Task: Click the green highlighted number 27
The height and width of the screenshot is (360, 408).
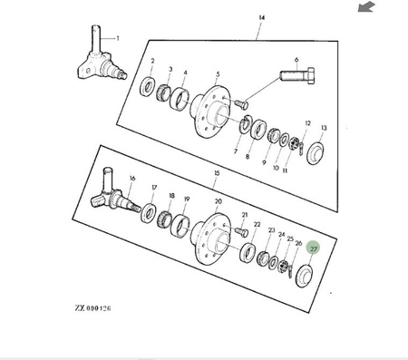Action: click(x=314, y=248)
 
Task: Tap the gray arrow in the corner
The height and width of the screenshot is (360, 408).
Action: click(x=366, y=6)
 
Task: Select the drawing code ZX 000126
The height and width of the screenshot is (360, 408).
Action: click(x=92, y=308)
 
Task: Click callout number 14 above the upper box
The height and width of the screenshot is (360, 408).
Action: click(x=262, y=17)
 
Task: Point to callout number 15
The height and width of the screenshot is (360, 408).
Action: click(x=217, y=173)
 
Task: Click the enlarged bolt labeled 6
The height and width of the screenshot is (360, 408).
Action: click(x=297, y=75)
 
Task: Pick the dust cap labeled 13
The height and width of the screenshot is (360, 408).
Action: click(x=316, y=152)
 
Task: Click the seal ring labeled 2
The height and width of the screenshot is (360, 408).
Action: click(x=148, y=87)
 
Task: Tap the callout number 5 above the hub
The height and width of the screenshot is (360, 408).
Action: click(x=218, y=74)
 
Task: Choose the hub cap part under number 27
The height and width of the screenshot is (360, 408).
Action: click(x=305, y=276)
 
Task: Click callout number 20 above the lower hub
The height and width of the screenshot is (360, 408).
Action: click(x=219, y=201)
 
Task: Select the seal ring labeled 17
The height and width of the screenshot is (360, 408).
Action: click(x=149, y=212)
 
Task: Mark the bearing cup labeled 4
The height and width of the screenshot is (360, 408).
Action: click(x=180, y=99)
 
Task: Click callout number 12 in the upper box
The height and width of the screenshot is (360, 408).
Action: click(x=307, y=123)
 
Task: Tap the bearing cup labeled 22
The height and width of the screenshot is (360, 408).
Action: click(x=248, y=253)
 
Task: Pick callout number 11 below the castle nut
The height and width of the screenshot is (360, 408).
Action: click(x=285, y=170)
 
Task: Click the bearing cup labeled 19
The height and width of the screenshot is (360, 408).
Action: click(x=180, y=226)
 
